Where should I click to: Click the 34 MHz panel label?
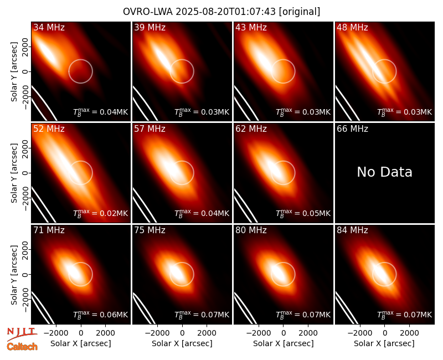point(49,27)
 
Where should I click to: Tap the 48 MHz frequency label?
point(352,27)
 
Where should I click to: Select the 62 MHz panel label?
point(251,129)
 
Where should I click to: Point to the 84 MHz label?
point(352,230)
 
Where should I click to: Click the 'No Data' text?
point(384,172)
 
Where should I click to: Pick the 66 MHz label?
point(352,129)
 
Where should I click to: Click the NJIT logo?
point(22,333)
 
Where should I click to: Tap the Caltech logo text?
point(22,347)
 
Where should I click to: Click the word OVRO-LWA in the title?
point(148,12)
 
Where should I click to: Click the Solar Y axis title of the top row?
point(14,72)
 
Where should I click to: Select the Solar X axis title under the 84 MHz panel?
point(384,343)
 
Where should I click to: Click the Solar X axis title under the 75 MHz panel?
point(182,343)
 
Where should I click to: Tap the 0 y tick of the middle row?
point(25,173)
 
